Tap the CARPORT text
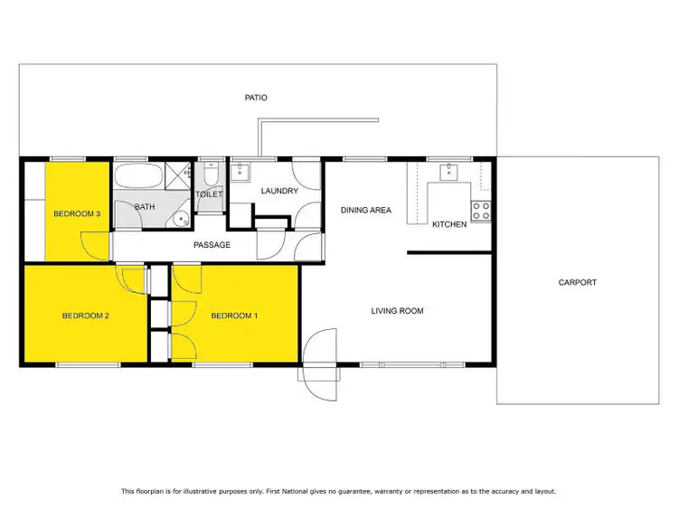577,282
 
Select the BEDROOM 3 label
76,213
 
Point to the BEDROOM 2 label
85,316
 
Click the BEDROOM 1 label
234,316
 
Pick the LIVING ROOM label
397,311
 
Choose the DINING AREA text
365,210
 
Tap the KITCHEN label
449,224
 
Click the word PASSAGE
212,245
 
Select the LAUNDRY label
279,191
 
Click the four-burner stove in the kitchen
483,211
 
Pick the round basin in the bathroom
181,217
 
